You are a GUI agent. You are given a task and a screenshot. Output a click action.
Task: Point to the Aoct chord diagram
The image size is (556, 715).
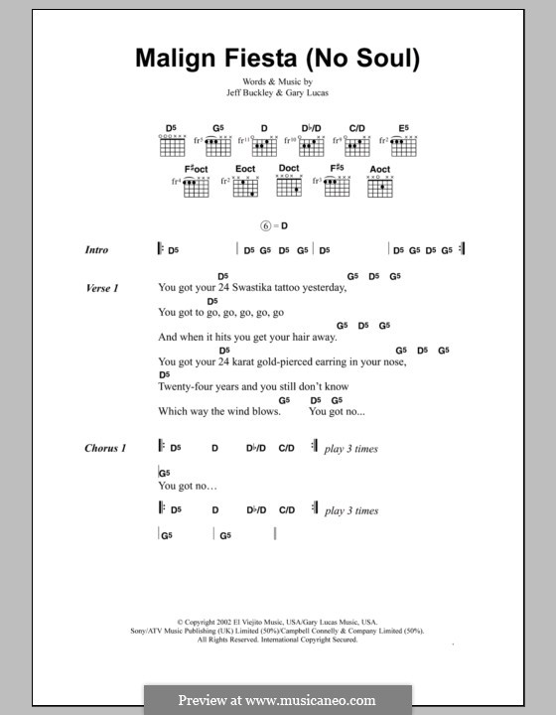point(379,185)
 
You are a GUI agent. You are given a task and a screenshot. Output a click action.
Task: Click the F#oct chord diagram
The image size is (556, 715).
point(197,185)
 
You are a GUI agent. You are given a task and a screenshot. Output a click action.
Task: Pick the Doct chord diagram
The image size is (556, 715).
point(289,185)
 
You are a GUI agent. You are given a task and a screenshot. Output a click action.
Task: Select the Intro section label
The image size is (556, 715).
point(97,251)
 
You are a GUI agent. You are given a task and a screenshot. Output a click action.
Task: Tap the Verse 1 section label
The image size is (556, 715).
point(103,288)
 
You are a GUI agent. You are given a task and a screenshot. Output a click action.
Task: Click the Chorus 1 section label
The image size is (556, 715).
point(106,449)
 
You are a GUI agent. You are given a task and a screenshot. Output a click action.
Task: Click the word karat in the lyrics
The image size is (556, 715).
point(247,362)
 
